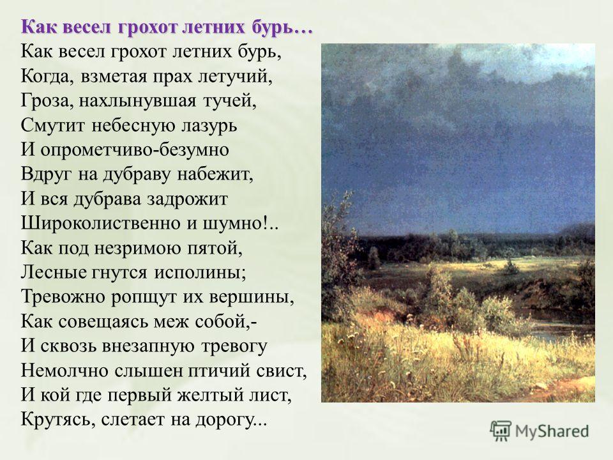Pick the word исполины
(200, 273)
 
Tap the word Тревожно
(63, 297)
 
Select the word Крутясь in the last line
(57, 420)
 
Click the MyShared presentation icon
(501, 431)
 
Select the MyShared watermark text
(552, 431)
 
